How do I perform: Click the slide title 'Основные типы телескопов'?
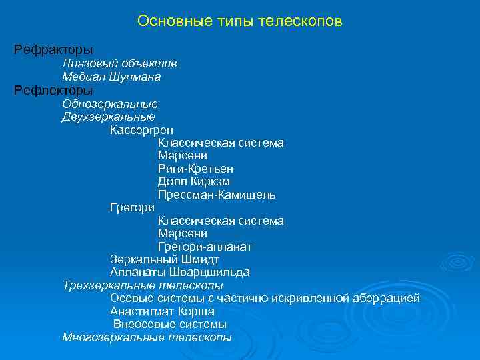[239, 21]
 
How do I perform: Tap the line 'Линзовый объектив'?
[119, 63]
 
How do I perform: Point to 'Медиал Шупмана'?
[111, 77]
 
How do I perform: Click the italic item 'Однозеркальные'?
[110, 103]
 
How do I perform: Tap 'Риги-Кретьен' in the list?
[195, 169]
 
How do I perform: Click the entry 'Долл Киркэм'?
[194, 182]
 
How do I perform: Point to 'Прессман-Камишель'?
[217, 195]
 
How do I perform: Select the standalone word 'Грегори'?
[132, 208]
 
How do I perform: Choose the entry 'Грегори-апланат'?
[205, 247]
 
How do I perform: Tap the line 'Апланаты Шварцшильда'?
[180, 272]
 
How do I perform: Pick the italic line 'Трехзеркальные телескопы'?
[143, 285]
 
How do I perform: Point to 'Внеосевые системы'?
[170, 324]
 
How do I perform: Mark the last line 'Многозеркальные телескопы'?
[147, 337]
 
